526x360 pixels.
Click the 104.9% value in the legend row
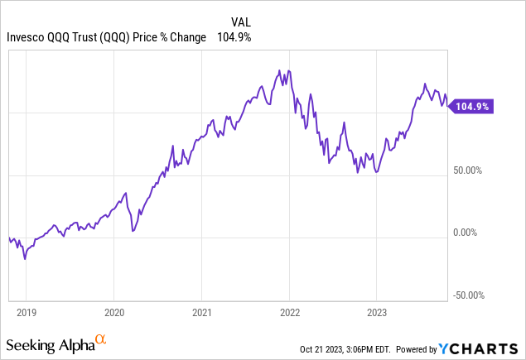tap(234, 37)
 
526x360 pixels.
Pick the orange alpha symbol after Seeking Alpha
tap(100, 339)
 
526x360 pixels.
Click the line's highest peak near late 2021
tap(280, 70)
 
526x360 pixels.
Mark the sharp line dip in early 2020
tap(133, 230)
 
